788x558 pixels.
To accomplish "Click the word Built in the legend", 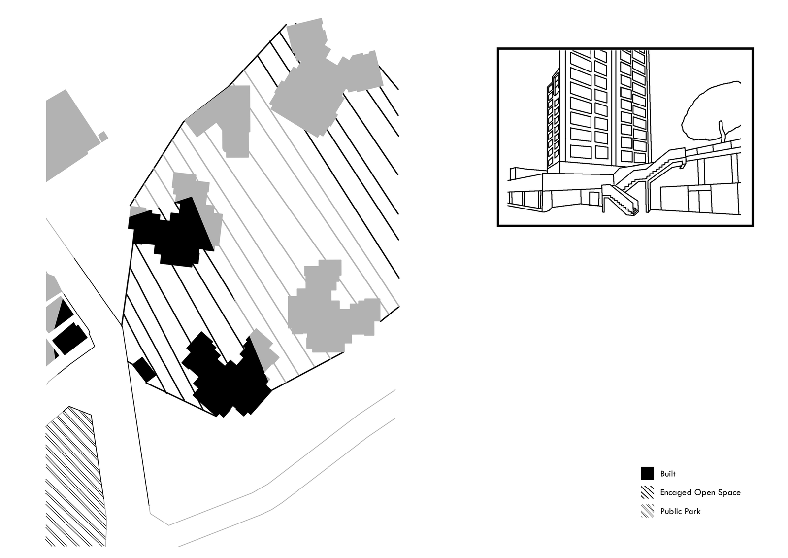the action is point(668,474).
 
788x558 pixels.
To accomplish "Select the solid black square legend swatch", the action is point(647,473).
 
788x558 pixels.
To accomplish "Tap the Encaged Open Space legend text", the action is point(700,492).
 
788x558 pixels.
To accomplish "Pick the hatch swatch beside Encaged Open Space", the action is point(647,492).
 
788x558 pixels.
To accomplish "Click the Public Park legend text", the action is point(680,511).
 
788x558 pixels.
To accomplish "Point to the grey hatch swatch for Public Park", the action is point(647,511).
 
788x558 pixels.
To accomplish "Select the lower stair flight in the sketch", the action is point(621,199).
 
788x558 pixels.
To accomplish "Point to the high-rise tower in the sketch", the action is point(598,111).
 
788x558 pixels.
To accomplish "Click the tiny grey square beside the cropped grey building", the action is point(103,137).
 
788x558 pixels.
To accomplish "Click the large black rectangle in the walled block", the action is point(69,339).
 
